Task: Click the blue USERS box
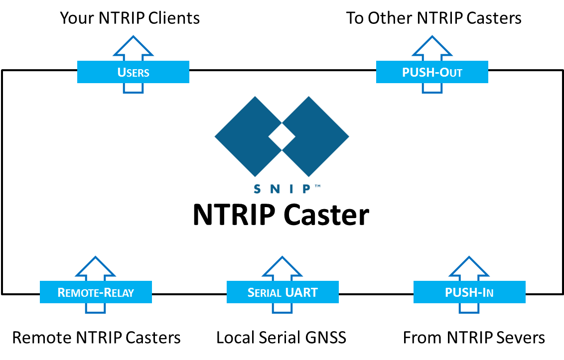[133, 72]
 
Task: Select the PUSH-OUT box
[432, 72]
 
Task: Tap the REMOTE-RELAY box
[96, 292]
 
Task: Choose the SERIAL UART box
[282, 292]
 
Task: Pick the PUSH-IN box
[469, 292]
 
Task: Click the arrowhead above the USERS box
[133, 47]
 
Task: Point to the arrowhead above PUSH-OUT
[432, 47]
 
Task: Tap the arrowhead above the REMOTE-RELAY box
[96, 267]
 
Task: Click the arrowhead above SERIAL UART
[282, 267]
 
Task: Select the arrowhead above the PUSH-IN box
[469, 267]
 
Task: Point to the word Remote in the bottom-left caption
[42, 338]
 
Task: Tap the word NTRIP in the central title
[234, 215]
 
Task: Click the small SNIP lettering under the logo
[282, 189]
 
